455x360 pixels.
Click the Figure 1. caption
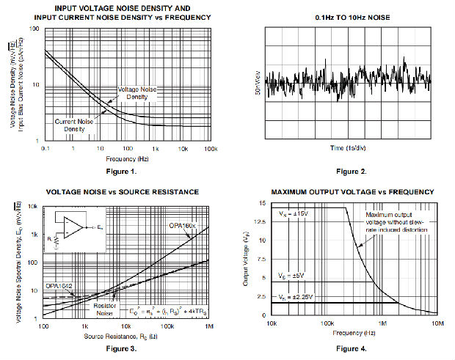[x=127, y=172]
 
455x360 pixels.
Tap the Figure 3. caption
[x=127, y=349]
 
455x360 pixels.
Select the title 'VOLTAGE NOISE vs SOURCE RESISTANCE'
[x=123, y=191]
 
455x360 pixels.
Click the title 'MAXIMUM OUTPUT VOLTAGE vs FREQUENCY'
[x=352, y=191]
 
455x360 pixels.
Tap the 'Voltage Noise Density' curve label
[x=137, y=93]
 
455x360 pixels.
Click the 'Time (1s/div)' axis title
[x=347, y=148]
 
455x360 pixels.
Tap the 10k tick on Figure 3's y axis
[x=34, y=207]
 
